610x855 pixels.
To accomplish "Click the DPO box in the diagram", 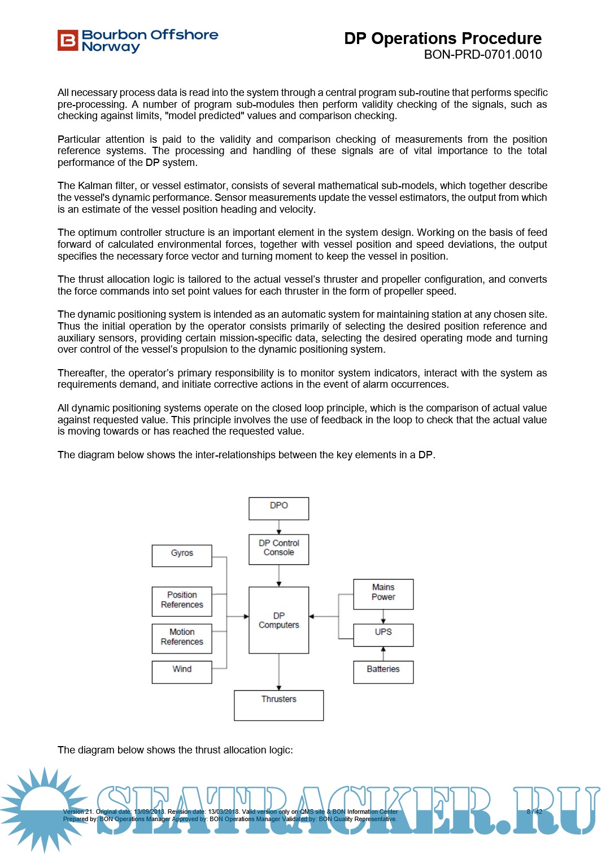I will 278,508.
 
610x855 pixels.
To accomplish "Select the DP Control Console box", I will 278,549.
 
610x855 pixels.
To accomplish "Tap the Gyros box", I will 182,555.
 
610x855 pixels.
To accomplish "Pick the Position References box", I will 182,601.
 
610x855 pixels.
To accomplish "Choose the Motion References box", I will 182,638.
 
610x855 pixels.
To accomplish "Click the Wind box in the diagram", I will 182,672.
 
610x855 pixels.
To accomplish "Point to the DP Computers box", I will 278,620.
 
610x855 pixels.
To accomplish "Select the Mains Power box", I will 383,594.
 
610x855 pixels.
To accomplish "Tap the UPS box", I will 383,635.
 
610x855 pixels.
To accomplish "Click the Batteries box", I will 383,672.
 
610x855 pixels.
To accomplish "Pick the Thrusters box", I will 278,705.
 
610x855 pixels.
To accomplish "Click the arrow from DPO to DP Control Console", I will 279,527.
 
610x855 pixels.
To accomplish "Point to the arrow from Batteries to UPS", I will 384,654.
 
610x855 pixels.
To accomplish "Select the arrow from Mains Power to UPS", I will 384,617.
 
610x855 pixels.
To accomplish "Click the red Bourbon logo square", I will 67,41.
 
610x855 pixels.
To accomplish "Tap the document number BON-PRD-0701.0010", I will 483,55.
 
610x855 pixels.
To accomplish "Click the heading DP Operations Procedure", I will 443,38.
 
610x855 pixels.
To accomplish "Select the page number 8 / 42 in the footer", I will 534,812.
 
